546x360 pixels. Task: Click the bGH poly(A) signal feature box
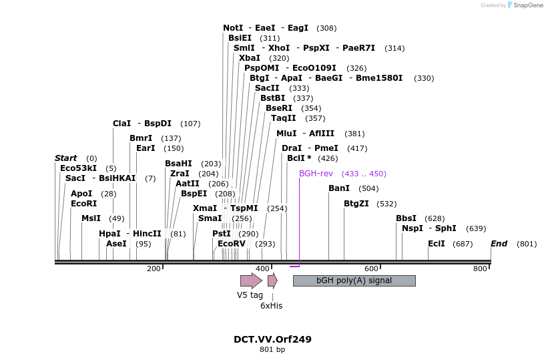pos(354,281)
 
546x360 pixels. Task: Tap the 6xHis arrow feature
pos(272,281)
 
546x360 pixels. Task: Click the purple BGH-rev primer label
pos(316,174)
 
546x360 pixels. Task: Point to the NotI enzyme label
pos(233,28)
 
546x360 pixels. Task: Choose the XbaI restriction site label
pos(250,58)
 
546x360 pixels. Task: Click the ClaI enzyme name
pos(121,124)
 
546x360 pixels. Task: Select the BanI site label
pos(339,188)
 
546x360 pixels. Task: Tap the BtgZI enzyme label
pos(356,204)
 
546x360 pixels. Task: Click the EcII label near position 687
pos(436,244)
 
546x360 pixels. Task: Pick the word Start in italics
pos(65,158)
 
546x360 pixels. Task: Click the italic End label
pos(499,244)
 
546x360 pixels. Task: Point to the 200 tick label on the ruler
pos(154,268)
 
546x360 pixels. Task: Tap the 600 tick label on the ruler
pos(371,268)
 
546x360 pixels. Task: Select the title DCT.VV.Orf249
pos(272,339)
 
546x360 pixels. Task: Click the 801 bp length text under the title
pos(272,350)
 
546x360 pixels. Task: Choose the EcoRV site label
pos(232,244)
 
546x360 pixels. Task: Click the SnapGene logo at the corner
pos(522,5)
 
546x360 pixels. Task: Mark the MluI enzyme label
pos(286,134)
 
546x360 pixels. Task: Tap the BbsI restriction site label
pos(406,218)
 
